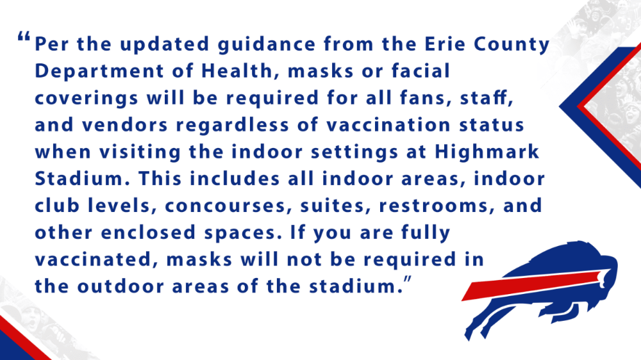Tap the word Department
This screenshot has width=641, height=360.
pos(99,72)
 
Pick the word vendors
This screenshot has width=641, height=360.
pos(125,125)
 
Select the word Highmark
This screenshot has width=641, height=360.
pos(487,152)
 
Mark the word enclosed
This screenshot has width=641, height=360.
pos(148,233)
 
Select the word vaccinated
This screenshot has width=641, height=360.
pos(93,260)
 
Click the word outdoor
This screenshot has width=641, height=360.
pos(121,286)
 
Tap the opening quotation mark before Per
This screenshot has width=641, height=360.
pos(24,38)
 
